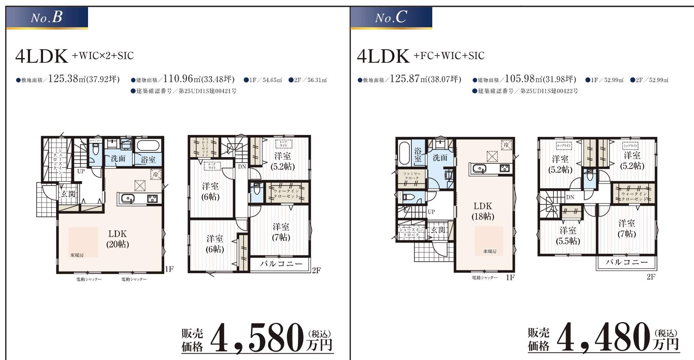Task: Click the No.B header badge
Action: coord(47,18)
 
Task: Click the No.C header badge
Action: coord(391,18)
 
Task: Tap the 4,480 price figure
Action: coord(604,338)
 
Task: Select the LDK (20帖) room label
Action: coord(118,239)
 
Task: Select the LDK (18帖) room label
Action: coord(483,211)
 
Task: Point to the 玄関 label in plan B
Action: coord(68,194)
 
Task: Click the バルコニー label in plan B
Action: coord(281,264)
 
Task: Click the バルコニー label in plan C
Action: coord(626,262)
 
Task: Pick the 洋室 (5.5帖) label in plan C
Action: coord(568,236)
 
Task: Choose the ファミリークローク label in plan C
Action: coord(411,176)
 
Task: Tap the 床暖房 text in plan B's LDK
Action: coord(77,255)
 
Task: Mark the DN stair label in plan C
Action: coord(570,197)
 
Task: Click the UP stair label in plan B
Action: coord(81,171)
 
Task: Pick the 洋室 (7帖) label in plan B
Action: coord(281,232)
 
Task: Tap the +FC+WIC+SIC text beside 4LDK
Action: coord(449,56)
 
